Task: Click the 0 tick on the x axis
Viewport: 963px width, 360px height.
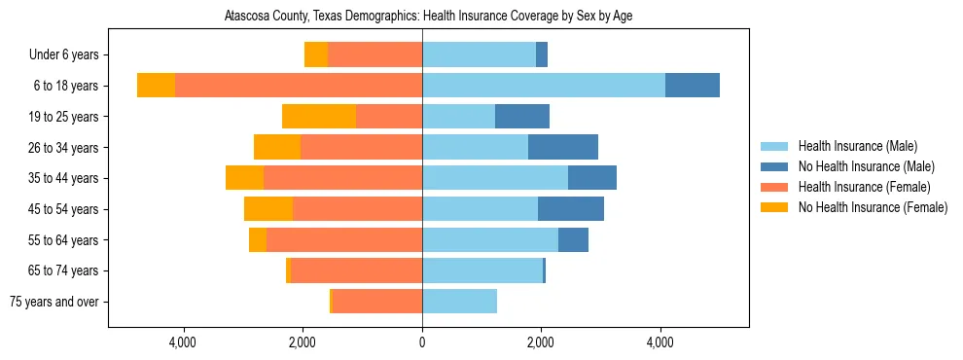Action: point(422,342)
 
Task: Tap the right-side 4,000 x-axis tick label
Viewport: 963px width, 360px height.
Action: point(660,342)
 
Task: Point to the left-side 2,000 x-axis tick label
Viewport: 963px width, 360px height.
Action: point(303,342)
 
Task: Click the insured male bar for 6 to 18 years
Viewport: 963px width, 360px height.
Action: point(543,86)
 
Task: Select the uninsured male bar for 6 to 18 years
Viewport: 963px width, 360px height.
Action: point(693,86)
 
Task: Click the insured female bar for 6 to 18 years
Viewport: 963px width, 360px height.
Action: point(298,86)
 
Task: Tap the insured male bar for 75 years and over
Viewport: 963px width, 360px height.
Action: point(459,302)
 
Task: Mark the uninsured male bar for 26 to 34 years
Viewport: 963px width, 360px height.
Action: point(563,147)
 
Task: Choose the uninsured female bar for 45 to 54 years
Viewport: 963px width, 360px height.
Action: point(268,209)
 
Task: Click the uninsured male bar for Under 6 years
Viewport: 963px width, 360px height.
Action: point(542,55)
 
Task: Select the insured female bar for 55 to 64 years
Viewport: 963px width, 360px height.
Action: point(343,240)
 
